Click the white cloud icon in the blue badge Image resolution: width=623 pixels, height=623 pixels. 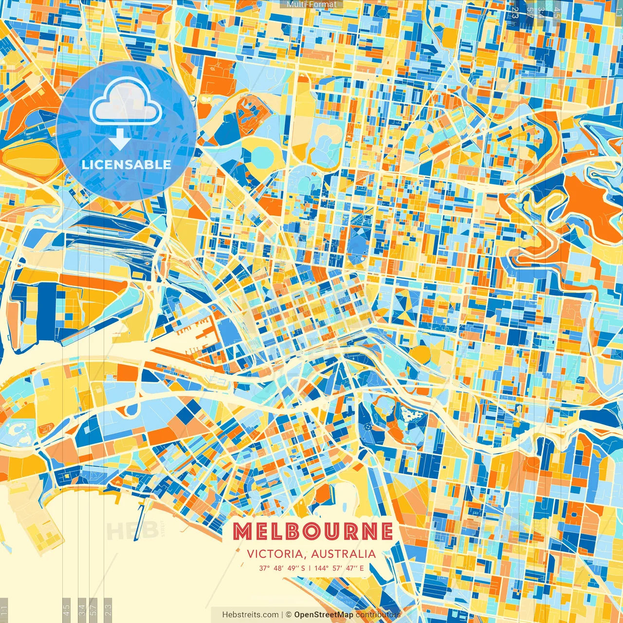click(126, 102)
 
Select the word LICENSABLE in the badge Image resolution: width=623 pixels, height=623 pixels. click(127, 165)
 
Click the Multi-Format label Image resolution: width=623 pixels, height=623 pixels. click(311, 4)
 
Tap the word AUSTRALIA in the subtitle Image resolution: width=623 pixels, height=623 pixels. click(344, 554)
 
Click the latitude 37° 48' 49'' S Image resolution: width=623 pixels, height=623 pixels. click(282, 568)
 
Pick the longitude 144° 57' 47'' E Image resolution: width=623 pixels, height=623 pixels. click(339, 568)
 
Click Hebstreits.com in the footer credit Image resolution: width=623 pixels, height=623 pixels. click(250, 615)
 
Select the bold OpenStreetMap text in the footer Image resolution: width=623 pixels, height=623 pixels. click(324, 615)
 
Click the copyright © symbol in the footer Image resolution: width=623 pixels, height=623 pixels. click(289, 615)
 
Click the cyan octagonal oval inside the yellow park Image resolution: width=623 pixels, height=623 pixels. click(262, 155)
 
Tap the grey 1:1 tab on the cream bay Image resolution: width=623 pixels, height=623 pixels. click(4, 609)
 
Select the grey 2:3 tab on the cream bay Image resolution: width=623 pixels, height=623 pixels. click(108, 609)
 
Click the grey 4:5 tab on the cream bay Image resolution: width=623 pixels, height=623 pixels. click(67, 609)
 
